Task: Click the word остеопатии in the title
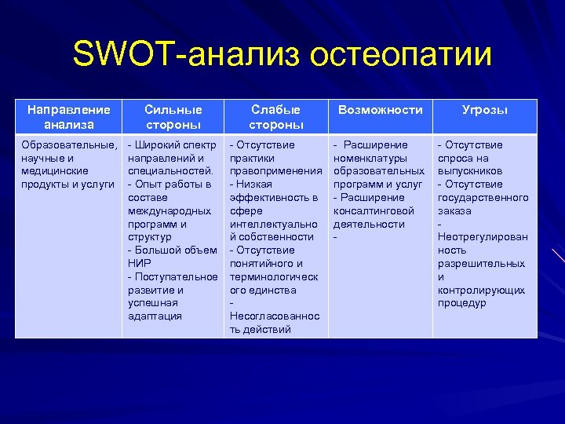[401, 56]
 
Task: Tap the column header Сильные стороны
[173, 117]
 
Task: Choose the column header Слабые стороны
[276, 117]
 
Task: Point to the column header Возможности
[380, 110]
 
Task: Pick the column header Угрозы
[484, 110]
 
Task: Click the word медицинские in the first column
[56, 171]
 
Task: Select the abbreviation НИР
[140, 264]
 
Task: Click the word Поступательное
[176, 277]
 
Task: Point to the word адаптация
[155, 316]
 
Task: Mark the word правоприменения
[275, 171]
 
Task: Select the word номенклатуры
[370, 158]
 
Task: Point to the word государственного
[483, 197]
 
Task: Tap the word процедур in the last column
[462, 303]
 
